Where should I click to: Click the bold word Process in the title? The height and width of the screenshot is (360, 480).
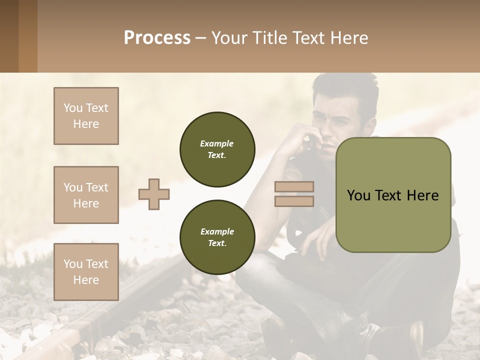point(157,38)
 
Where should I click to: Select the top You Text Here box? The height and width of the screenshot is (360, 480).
point(86,116)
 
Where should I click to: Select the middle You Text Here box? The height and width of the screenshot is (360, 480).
point(86,195)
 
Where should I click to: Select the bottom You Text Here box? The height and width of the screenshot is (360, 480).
point(86,271)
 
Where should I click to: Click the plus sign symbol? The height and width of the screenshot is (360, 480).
point(154,194)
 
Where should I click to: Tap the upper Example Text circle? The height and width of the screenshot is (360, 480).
point(217,149)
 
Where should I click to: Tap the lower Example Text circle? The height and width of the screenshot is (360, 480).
point(217,237)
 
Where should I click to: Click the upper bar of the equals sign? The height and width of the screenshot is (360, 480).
point(294,187)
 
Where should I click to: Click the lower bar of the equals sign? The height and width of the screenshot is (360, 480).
point(294,201)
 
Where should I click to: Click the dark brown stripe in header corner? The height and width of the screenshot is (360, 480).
point(9,36)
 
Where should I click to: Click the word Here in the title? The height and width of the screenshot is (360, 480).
point(349,38)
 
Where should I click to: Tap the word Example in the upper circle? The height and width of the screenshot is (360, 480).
point(217,143)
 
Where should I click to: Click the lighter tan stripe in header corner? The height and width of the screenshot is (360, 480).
point(28,36)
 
